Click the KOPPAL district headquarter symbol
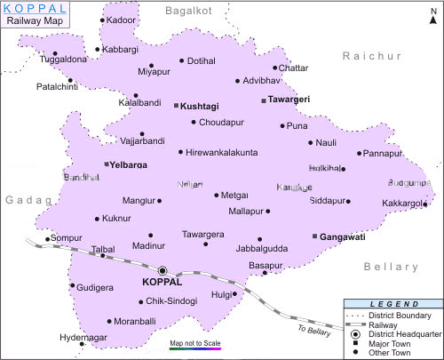click(x=163, y=270)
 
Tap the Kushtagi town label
click(x=200, y=106)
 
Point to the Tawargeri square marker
click(x=264, y=100)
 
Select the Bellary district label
click(x=391, y=267)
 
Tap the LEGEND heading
click(x=392, y=304)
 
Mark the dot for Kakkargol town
click(x=425, y=204)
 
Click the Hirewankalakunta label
click(x=222, y=152)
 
